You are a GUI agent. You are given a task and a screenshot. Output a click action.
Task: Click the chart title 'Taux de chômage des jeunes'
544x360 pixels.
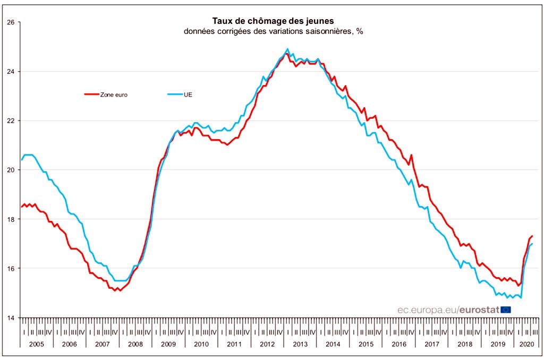[273, 21]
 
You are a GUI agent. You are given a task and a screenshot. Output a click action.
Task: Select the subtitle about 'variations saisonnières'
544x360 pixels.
[273, 31]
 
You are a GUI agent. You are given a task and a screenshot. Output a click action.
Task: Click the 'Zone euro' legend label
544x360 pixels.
[113, 95]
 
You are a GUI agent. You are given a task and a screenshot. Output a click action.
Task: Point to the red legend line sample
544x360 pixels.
[91, 95]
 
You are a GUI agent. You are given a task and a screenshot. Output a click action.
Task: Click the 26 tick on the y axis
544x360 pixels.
[10, 22]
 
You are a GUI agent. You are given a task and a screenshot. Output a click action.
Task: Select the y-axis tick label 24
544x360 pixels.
[10, 72]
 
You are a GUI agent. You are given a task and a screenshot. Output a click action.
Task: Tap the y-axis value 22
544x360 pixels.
[10, 121]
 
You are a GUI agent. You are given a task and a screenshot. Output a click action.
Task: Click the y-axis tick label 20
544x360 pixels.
[10, 170]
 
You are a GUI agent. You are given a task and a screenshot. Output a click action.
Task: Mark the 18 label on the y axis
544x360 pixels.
[10, 219]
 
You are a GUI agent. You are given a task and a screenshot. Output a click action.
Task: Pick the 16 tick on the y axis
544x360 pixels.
[10, 268]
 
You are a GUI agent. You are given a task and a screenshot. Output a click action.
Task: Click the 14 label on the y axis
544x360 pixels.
[10, 318]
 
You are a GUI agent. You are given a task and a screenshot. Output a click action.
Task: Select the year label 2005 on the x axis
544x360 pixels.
[37, 344]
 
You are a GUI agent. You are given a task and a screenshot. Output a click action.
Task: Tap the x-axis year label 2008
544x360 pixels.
[135, 344]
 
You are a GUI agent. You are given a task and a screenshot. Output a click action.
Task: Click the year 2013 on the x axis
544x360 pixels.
[300, 344]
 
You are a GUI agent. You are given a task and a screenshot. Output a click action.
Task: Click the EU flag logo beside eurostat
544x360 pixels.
[506, 310]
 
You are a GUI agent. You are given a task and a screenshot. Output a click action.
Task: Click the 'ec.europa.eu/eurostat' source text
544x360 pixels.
[448, 310]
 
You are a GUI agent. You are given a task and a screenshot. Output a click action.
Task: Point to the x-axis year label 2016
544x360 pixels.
[399, 344]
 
